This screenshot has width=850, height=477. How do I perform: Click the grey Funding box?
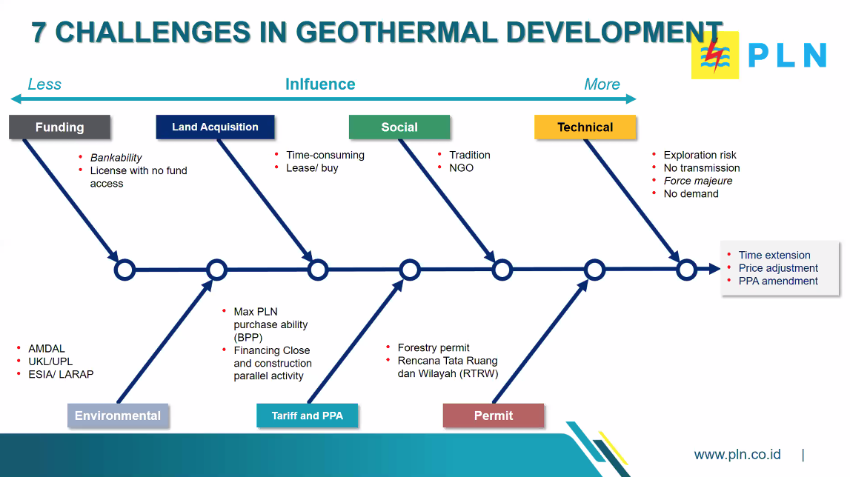59,127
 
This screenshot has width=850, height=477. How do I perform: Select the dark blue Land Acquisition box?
215,127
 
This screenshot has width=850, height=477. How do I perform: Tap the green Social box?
399,127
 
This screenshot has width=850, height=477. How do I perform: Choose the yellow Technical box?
585,127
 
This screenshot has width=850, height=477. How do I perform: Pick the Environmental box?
118,416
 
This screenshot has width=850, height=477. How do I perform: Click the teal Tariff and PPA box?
308,416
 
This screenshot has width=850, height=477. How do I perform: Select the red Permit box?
494,416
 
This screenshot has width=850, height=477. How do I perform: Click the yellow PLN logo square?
715,56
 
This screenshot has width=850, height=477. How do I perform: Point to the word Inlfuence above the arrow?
320,84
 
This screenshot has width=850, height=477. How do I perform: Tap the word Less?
44,84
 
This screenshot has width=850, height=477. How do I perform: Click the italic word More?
602,84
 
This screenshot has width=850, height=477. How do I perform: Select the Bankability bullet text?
116,157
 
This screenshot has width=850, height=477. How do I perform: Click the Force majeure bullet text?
697,181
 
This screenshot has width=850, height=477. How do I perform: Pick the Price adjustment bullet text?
778,268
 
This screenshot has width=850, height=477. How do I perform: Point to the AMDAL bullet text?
47,348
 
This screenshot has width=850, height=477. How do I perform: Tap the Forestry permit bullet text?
434,347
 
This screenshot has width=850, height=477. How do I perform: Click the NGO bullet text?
462,168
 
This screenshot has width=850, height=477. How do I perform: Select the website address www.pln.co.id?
737,454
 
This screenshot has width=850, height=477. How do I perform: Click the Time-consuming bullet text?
325,155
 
